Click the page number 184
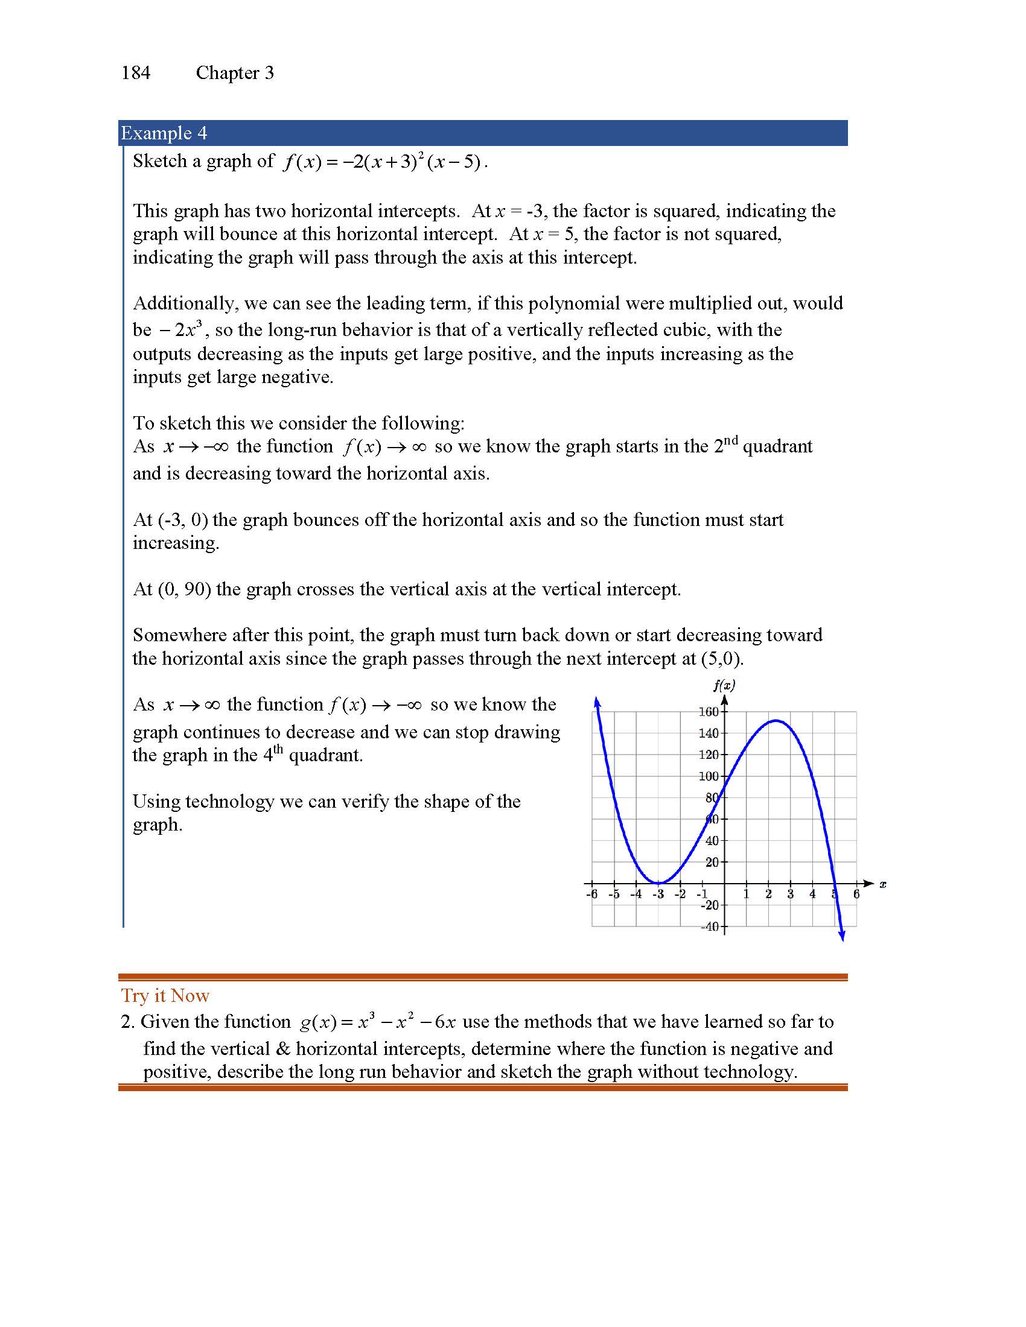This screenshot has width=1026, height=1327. [x=136, y=73]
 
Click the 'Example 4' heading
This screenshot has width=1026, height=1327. [x=164, y=133]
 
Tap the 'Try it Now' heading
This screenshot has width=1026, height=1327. [x=165, y=995]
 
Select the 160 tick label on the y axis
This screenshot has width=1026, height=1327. [x=708, y=712]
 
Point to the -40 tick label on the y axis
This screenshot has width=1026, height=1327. [x=709, y=926]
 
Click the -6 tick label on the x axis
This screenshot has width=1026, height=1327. [x=591, y=894]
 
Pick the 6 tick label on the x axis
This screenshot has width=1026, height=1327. [x=856, y=894]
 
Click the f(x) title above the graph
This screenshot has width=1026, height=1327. [x=724, y=685]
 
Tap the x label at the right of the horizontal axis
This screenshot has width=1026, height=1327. [x=882, y=884]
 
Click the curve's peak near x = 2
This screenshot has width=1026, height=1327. [x=776, y=721]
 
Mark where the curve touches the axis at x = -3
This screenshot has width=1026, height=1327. [x=658, y=883]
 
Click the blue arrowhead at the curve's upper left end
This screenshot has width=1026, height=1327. [x=597, y=702]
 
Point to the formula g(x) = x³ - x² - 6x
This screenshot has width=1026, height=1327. [x=377, y=1022]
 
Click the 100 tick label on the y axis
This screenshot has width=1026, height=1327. [x=708, y=776]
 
